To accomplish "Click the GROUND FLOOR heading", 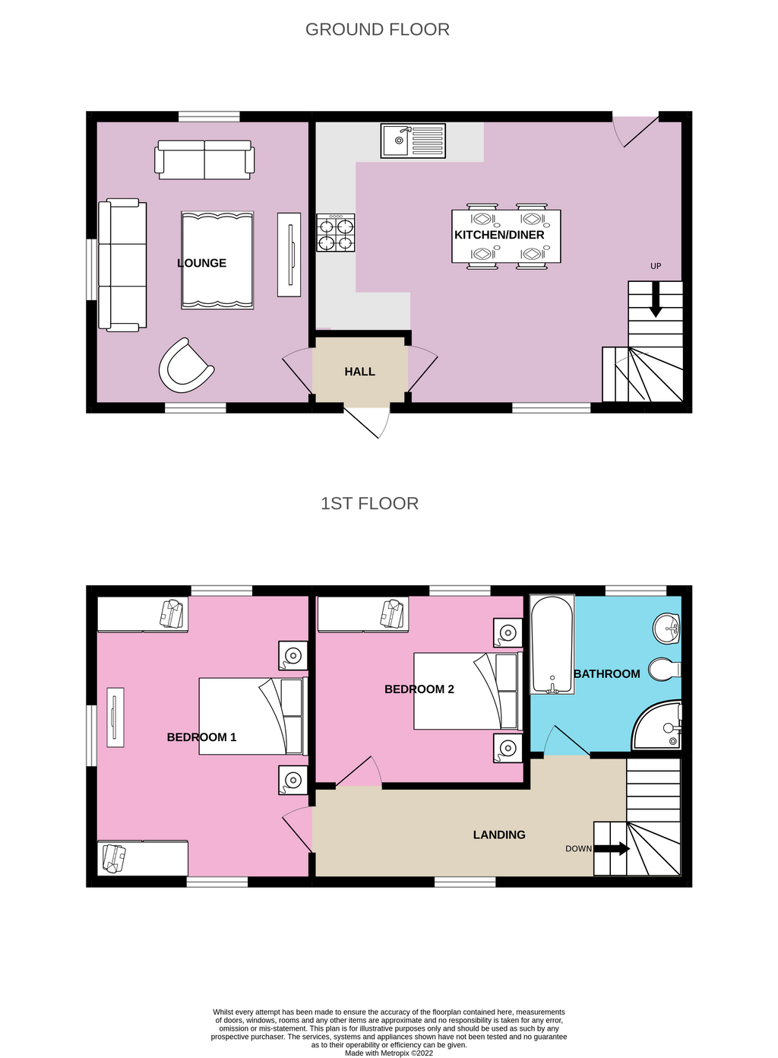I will coord(377,30).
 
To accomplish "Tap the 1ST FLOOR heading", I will coord(369,503).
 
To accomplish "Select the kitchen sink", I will coord(413,141).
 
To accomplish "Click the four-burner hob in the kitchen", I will coord(336,233).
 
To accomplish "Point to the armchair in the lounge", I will coord(185,366).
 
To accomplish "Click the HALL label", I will coord(359,372).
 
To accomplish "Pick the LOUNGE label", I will coord(201,263).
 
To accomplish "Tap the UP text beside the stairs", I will coord(656,266).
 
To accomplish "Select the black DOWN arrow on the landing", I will coord(612,848).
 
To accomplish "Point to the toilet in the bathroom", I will coord(664,670).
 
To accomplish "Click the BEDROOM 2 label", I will coord(419,689).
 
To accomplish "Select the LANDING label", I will coord(499,835).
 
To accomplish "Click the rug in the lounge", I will coord(217,260).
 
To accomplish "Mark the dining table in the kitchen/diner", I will coord(506,236).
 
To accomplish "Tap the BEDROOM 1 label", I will coord(201,737).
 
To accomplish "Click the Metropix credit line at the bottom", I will coord(389,1053).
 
